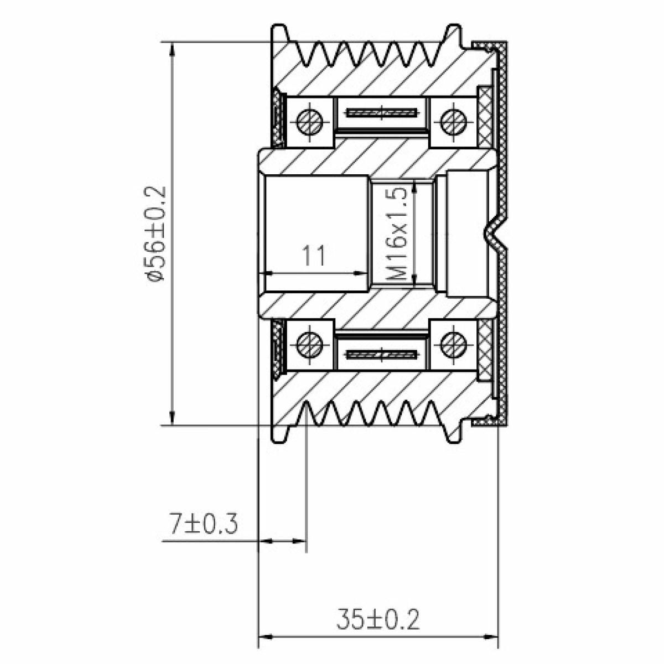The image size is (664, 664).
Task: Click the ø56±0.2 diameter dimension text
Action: (155, 234)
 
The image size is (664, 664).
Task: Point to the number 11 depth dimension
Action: (314, 255)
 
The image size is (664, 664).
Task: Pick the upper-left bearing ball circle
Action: (310, 122)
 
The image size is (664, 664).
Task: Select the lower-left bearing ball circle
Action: (310, 345)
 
